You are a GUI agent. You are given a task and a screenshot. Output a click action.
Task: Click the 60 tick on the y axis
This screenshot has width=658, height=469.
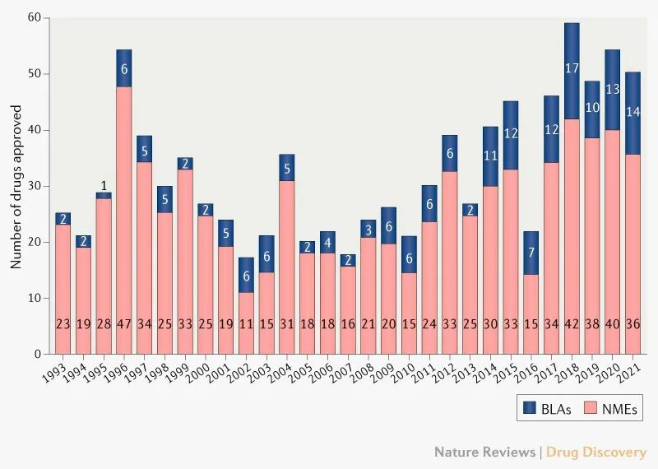35,17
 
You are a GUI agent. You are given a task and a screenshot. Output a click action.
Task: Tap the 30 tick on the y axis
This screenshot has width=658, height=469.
35,186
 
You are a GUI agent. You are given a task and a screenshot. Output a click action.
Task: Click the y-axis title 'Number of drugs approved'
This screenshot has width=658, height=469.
16,186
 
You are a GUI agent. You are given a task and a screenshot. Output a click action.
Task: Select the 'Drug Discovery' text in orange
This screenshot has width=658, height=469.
596,453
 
